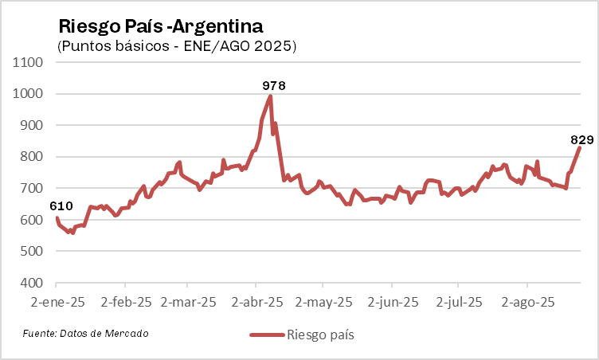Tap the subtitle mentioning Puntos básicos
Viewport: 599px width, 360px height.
coord(177,46)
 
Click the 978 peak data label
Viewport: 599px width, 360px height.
coord(273,84)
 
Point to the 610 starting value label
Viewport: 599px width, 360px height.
coord(61,206)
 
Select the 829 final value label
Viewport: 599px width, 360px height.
coord(582,139)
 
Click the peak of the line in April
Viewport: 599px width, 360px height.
coord(271,96)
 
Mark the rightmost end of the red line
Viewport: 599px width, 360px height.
coord(580,147)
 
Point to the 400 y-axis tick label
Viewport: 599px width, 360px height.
coord(31,283)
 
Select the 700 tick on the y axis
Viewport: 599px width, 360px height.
coord(31,189)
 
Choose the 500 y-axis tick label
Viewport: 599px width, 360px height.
coord(31,252)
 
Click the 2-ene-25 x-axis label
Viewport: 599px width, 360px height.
coord(57,303)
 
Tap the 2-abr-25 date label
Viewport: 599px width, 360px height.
coord(256,303)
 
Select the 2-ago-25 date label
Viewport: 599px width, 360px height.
coord(527,303)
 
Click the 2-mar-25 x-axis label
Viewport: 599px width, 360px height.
coord(189,303)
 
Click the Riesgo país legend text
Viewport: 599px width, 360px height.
coord(320,335)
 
